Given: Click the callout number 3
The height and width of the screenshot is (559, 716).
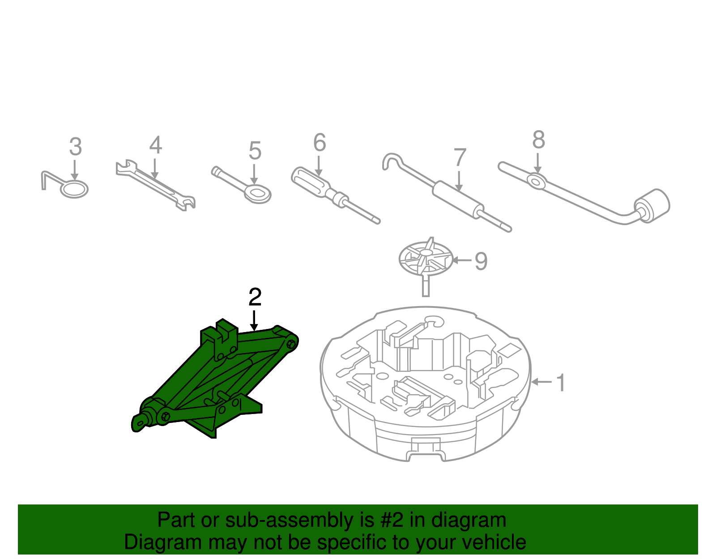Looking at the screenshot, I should point(76,147).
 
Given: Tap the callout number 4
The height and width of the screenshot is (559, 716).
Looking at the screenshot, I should point(155,145).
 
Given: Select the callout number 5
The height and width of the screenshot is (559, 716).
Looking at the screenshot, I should point(255,151).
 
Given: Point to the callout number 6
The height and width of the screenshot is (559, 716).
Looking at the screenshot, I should point(320,143).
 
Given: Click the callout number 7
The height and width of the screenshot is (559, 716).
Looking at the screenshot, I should point(460,158).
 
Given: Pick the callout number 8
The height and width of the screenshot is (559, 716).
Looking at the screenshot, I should point(538,140).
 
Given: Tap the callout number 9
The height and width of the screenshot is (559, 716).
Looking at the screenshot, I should point(481,261).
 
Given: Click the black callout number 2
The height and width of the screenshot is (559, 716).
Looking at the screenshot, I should point(255,297).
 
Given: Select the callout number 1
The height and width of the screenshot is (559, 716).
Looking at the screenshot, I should point(560,383).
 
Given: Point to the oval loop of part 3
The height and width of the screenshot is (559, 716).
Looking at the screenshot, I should point(74,190).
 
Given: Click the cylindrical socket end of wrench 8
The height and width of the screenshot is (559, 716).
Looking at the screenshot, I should point(653,205).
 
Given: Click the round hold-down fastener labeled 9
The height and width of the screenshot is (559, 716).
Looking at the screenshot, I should point(425,258).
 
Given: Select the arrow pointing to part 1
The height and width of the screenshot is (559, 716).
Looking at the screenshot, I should point(541,382).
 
